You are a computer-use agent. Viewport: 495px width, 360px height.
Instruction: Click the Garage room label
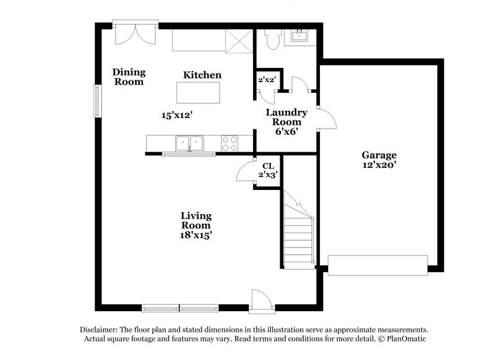coord(379,155)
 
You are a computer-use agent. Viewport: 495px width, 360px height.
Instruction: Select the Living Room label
coord(196,220)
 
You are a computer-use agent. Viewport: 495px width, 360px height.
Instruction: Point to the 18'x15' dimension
coord(196,235)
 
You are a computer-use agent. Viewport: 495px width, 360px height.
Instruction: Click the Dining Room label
coord(128,77)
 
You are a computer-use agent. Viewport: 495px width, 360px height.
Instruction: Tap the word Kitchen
coord(202,75)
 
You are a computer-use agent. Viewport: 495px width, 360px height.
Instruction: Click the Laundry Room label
coord(286,117)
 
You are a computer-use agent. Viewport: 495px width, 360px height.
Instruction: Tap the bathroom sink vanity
coord(302,36)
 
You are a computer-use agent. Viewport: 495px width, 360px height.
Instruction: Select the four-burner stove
coord(230,144)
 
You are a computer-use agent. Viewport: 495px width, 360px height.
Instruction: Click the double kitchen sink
coord(190,144)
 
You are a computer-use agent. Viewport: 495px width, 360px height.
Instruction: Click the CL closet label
coord(268,166)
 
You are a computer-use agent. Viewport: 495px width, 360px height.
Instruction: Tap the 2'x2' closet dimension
coord(267,79)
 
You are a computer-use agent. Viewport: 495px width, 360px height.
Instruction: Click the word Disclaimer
coord(100,330)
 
